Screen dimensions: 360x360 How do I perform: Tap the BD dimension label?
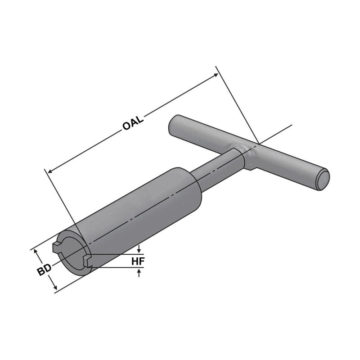[43, 270]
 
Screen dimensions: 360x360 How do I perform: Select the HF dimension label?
[139, 261]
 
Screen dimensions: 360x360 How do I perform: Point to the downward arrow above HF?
[139, 249]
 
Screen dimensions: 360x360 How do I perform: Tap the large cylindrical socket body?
[139, 211]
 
